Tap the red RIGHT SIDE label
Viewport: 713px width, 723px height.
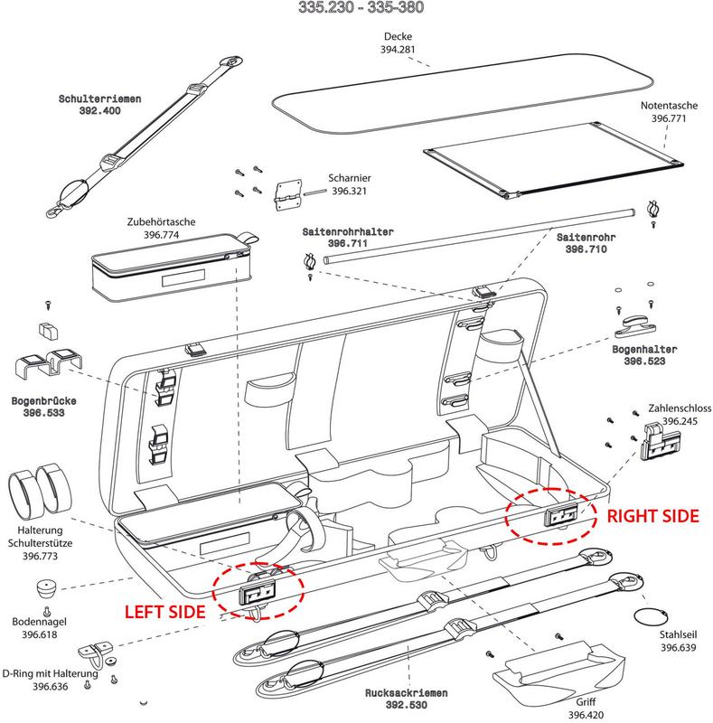pos(652,516)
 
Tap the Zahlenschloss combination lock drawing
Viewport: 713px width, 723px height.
pos(659,439)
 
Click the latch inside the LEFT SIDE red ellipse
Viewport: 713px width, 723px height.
pos(258,593)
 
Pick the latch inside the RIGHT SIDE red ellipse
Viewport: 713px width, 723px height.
pos(560,516)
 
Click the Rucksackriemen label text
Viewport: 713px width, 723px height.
pos(408,692)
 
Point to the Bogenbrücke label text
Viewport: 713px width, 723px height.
pos(42,399)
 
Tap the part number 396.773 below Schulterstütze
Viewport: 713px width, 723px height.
pos(40,558)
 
